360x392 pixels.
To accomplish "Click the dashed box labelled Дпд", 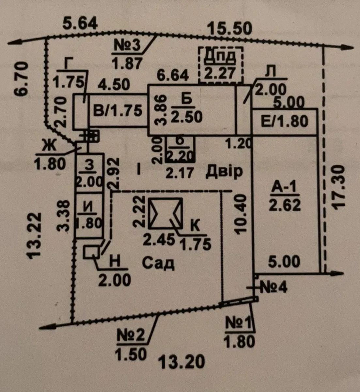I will point(221,64).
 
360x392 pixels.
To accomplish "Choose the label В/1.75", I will point(118,111).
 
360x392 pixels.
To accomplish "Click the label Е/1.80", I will point(285,122).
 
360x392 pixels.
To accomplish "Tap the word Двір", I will point(224,172).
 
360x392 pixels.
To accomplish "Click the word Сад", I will point(158,263).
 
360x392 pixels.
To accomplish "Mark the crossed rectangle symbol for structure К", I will point(165,213).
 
